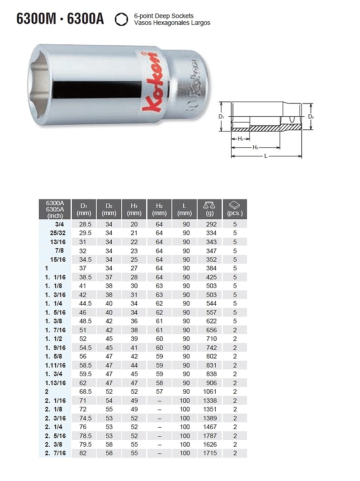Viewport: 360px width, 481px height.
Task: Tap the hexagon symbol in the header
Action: (x=121, y=19)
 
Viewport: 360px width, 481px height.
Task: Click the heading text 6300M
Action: (x=36, y=19)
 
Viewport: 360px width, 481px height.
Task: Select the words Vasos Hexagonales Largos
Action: (x=172, y=23)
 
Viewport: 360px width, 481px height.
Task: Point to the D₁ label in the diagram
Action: (x=221, y=117)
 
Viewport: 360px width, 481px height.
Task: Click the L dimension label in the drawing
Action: (x=266, y=156)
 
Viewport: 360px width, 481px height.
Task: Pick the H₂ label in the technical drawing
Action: (x=256, y=147)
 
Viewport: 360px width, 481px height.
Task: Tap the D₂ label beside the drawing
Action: (x=311, y=117)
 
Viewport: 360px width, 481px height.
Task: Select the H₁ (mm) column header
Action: (x=134, y=209)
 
